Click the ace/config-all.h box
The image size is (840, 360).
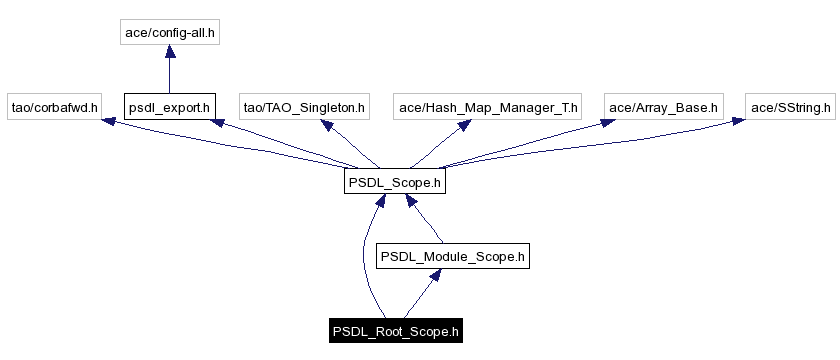169,33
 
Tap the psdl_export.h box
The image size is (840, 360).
169,106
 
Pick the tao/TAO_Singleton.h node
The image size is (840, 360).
305,106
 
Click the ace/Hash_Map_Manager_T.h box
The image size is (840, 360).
488,106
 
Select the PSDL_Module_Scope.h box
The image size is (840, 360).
452,257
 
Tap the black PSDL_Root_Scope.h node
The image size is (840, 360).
396,331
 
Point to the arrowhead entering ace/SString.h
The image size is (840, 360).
737,121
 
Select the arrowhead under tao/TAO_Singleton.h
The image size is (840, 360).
325,125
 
